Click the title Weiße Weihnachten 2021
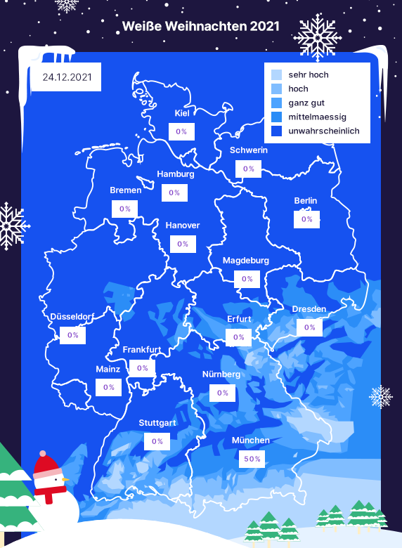click(200, 27)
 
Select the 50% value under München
click(252, 459)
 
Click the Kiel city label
click(182, 113)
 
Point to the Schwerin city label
click(248, 150)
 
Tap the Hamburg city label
click(175, 174)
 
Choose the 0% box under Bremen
click(125, 209)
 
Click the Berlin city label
click(306, 201)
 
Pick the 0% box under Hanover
click(183, 244)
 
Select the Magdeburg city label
click(246, 261)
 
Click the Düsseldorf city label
click(72, 317)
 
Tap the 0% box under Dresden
click(309, 327)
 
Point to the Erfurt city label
click(239, 319)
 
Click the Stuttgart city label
click(157, 423)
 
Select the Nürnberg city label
click(221, 374)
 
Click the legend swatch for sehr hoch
click(276, 74)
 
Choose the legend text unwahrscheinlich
click(324, 131)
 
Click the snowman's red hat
click(47, 464)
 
